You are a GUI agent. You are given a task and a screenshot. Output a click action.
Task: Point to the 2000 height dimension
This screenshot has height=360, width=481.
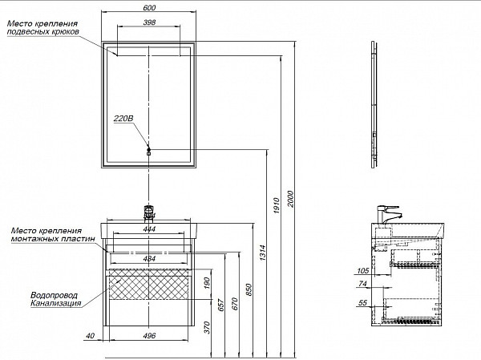pos(292,198)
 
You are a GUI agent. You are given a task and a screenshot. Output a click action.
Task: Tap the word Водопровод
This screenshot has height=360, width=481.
pos(54,293)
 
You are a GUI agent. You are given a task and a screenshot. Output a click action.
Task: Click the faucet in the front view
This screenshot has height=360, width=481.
pos(148,212)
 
